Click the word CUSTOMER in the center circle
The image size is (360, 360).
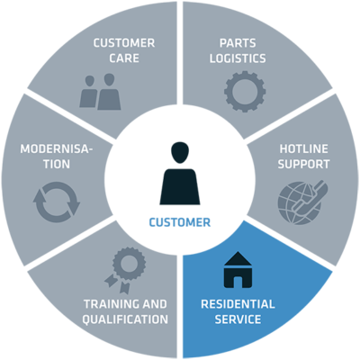pyautogui.click(x=180, y=222)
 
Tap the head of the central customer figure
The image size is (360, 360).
pyautogui.click(x=180, y=152)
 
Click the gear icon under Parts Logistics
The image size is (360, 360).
pyautogui.click(x=245, y=92)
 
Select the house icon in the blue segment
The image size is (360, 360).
pyautogui.click(x=238, y=270)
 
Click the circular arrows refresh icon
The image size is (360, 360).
pyautogui.click(x=57, y=202)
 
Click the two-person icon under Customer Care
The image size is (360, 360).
pyautogui.click(x=100, y=92)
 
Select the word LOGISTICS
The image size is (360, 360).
pyautogui.click(x=238, y=58)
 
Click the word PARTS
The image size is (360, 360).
pyautogui.click(x=238, y=43)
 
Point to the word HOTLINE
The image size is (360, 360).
pyautogui.click(x=303, y=148)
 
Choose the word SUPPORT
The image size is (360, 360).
pyautogui.click(x=303, y=164)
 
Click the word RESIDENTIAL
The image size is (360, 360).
pyautogui.click(x=238, y=304)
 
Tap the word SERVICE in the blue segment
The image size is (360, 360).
pyautogui.click(x=238, y=319)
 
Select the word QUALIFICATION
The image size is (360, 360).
pyautogui.click(x=125, y=319)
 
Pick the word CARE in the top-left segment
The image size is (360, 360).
pyautogui.click(x=124, y=58)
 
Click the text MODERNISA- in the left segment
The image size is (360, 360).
pyautogui.click(x=57, y=148)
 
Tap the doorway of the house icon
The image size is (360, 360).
pyautogui.click(x=238, y=282)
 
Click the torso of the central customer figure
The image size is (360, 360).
pyautogui.click(x=180, y=186)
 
